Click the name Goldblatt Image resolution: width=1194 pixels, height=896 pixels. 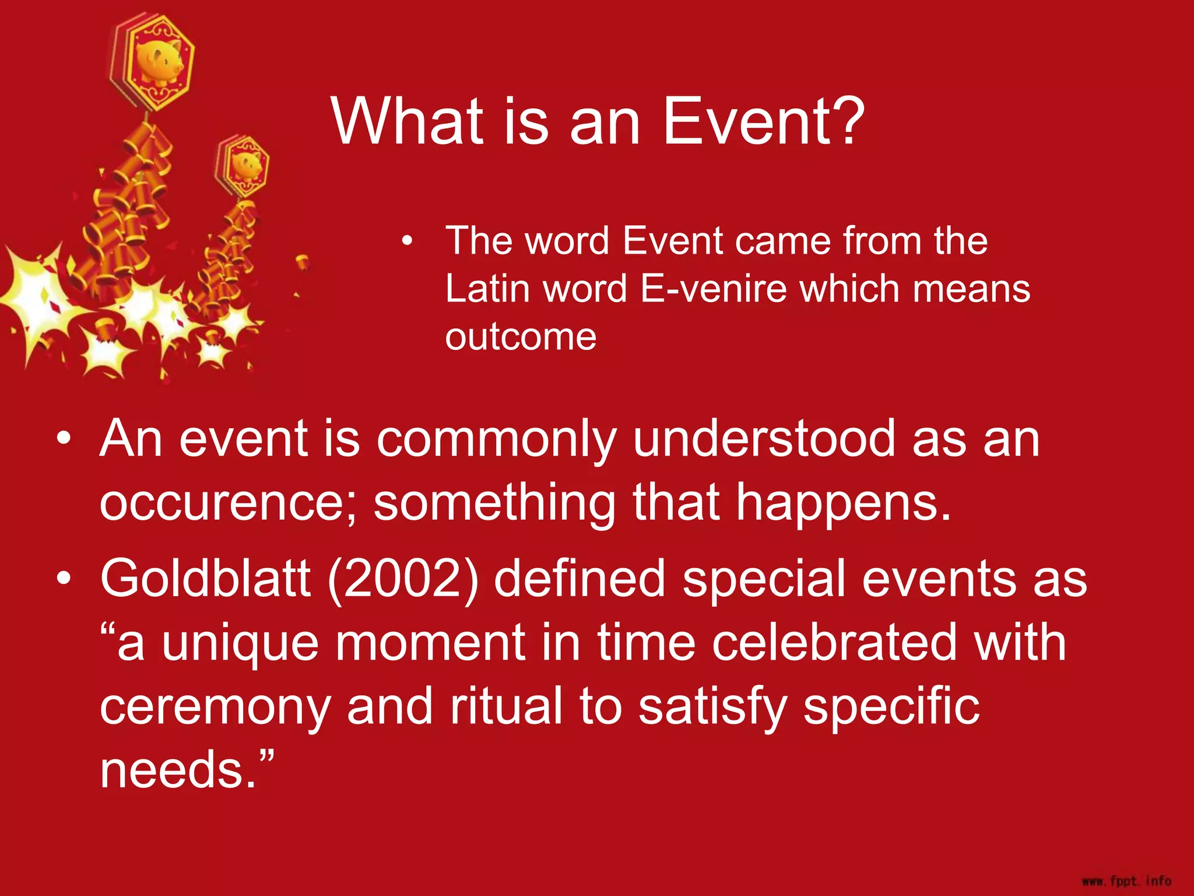click(205, 578)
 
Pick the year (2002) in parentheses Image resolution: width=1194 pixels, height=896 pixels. click(403, 578)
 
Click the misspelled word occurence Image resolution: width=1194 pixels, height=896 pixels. click(223, 503)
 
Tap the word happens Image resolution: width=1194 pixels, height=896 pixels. click(842, 503)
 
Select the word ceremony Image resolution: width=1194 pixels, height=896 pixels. click(215, 706)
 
